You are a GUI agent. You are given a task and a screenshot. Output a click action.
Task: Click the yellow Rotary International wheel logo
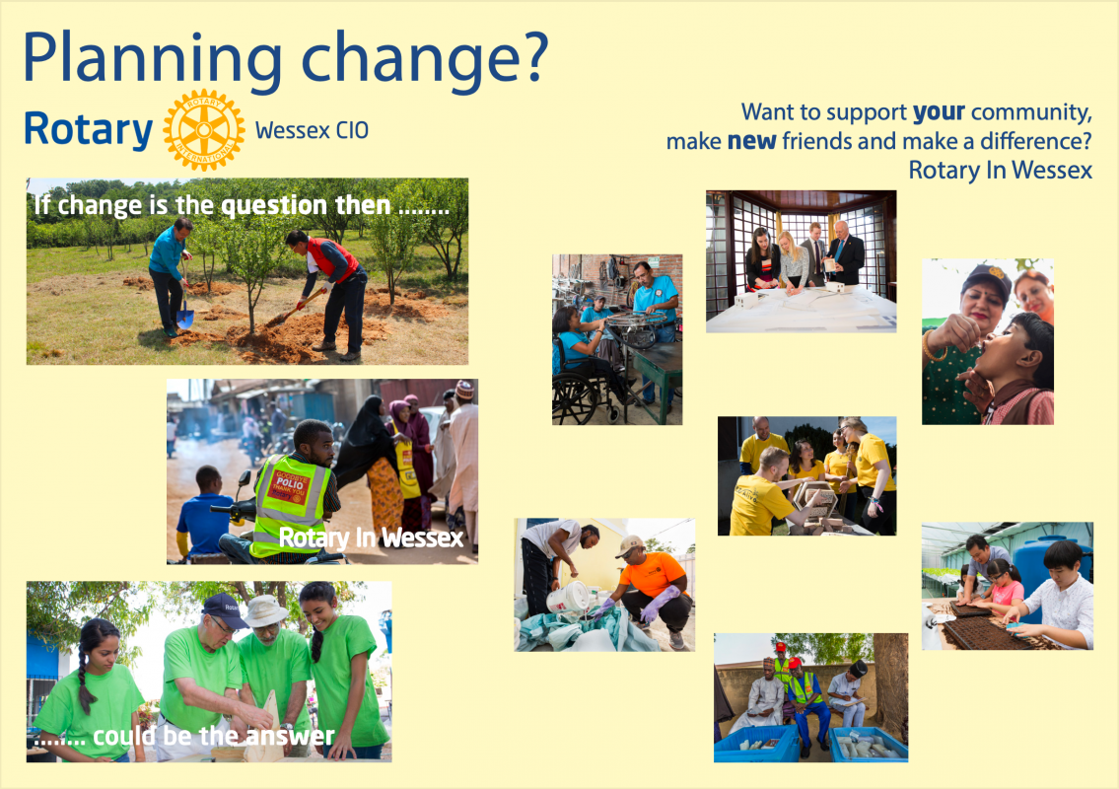coord(204,130)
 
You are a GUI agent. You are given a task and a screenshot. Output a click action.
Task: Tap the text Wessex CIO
coord(312,130)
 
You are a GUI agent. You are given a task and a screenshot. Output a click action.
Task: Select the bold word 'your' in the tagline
coord(939,112)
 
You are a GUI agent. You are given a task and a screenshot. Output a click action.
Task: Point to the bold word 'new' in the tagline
coord(751,141)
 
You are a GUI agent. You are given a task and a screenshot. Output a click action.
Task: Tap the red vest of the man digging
coord(333,258)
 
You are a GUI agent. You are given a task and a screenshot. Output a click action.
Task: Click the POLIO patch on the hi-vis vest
coord(291,485)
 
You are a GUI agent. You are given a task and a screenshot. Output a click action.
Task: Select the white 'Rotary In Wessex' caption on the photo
coord(371,537)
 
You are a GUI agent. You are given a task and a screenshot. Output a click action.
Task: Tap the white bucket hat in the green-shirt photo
coord(265,610)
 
